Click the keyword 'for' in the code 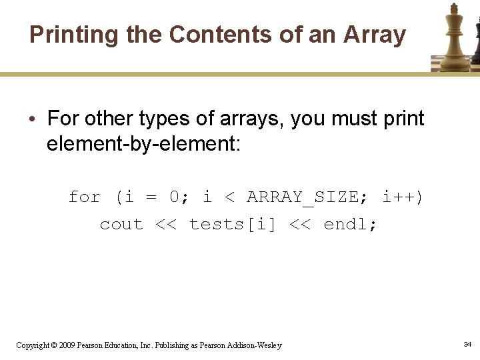coord(85,197)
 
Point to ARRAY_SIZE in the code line coord(303,197)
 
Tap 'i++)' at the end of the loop coord(403,197)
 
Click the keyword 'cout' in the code coord(121,225)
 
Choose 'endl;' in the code coord(351,225)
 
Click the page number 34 coord(467,344)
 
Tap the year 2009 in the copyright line coord(67,345)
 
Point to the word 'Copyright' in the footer coord(32,345)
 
